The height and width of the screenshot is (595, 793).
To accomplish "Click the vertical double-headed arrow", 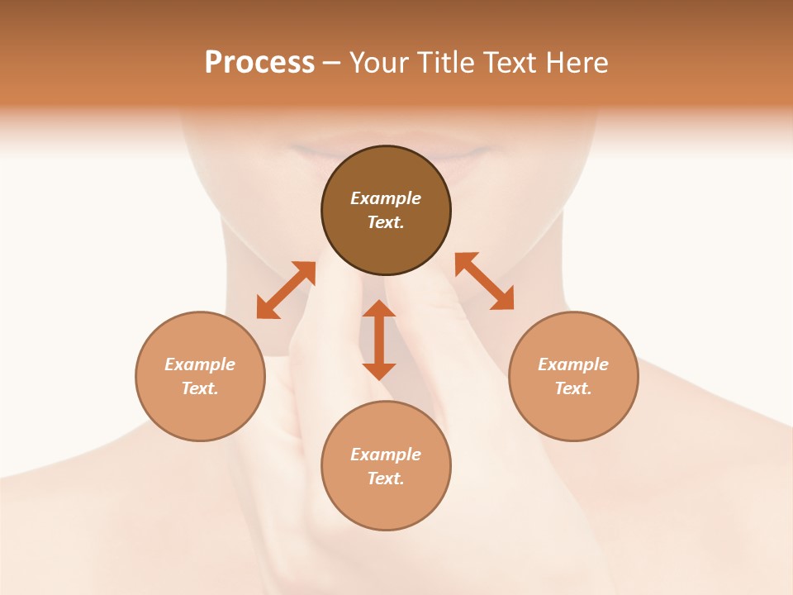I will click(x=379, y=340).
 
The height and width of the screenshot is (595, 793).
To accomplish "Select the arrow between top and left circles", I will click(x=286, y=290).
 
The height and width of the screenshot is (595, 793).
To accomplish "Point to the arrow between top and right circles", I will click(x=484, y=281).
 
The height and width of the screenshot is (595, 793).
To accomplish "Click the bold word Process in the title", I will click(x=259, y=62).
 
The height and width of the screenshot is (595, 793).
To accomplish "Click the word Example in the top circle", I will click(x=386, y=198).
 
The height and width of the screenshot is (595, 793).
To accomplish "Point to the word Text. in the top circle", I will click(x=386, y=222).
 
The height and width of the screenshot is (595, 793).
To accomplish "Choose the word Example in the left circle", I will click(x=200, y=364).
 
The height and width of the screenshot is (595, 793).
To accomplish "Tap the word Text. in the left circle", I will click(x=200, y=388).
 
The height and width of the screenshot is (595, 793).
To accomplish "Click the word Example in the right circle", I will click(x=573, y=364).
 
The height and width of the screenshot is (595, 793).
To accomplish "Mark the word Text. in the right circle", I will click(x=573, y=388).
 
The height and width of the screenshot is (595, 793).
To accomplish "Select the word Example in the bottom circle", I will click(x=386, y=455).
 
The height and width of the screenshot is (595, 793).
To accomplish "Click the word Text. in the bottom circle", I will click(x=386, y=478).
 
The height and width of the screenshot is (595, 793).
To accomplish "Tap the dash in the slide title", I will click(x=331, y=63).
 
